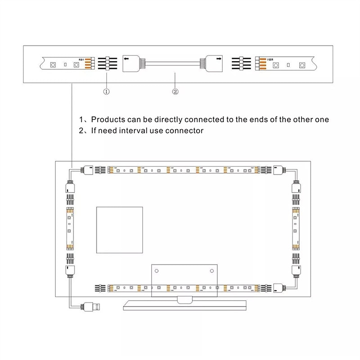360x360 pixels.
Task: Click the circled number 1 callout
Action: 107,91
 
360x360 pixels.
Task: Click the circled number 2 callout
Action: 175,91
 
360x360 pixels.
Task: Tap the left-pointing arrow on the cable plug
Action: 127,58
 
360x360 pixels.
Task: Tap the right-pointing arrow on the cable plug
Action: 219,58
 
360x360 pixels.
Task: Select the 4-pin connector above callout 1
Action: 107,63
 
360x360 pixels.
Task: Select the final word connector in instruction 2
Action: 186,131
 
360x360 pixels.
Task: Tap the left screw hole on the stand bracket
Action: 157,271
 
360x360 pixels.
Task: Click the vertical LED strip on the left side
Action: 70,229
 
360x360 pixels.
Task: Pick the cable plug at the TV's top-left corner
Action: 87,170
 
